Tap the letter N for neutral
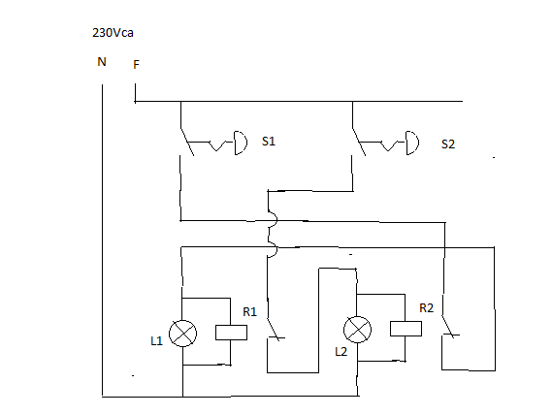coord(101,62)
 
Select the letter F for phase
coord(136,65)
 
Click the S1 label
coord(269,142)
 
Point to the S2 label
coord(447,144)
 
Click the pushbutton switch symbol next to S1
coord(209,146)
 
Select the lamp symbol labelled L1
coord(182,334)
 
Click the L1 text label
coord(156,340)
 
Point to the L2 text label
coord(341,350)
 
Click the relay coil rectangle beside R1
coord(230,332)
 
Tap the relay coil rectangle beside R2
coord(406,329)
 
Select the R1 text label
coord(249,312)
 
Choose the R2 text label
coord(427,308)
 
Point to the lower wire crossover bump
coord(271,249)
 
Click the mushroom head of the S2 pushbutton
coord(413,144)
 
